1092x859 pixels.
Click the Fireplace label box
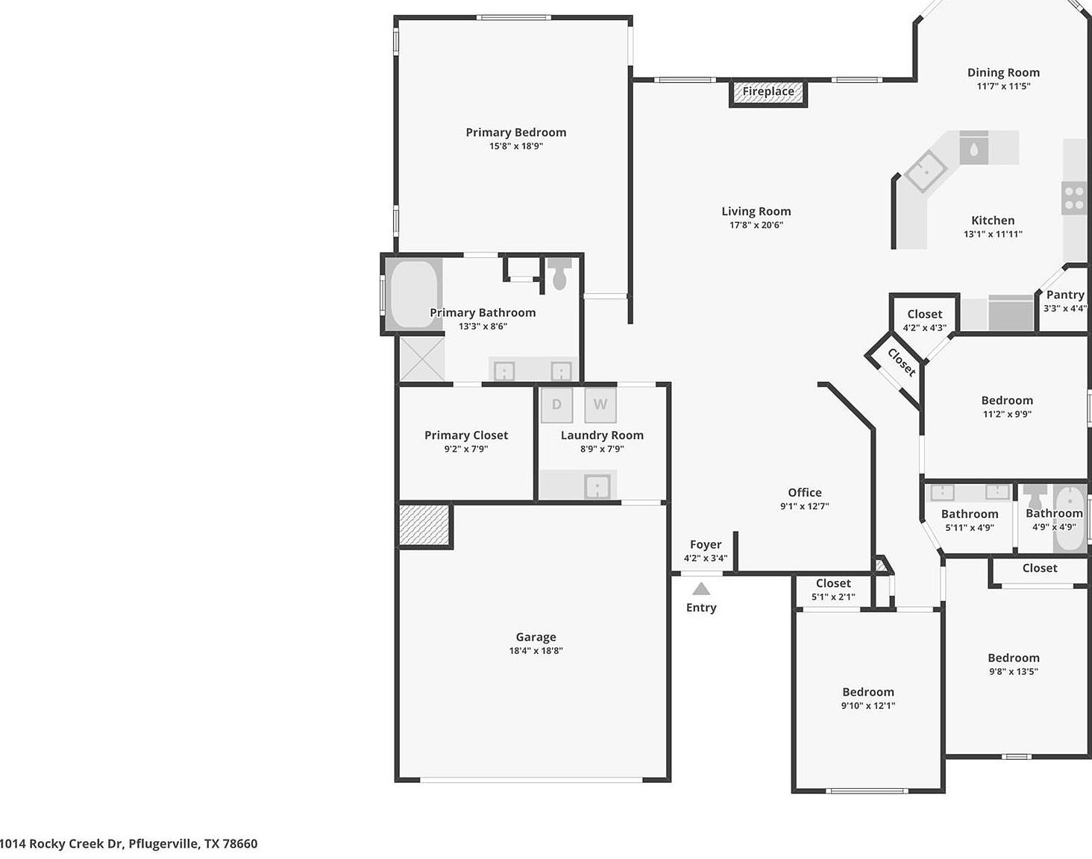(x=768, y=92)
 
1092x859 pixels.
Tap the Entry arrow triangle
(x=700, y=589)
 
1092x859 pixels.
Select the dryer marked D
(x=556, y=405)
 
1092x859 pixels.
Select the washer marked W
(x=600, y=405)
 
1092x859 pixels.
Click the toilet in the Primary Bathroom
(x=559, y=274)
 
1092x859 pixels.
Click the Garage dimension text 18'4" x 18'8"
(x=536, y=651)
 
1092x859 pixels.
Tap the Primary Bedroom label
(x=515, y=133)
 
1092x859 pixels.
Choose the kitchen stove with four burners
(x=1074, y=198)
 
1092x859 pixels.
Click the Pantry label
(x=1064, y=295)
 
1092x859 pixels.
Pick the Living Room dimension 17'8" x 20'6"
(x=756, y=225)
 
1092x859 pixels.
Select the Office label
(x=804, y=493)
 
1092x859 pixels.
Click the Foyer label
(x=705, y=545)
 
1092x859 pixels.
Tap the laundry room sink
(x=597, y=487)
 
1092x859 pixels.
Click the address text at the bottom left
(x=128, y=844)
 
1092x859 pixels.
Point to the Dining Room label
(x=1003, y=73)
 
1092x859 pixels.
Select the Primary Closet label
(x=466, y=435)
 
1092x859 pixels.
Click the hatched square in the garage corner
(x=424, y=525)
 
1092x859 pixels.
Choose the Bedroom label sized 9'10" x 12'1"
(x=868, y=693)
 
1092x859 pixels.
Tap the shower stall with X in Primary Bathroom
(x=422, y=359)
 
